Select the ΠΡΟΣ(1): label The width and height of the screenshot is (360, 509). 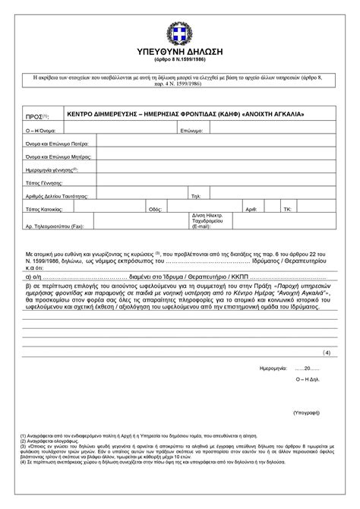(37, 116)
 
